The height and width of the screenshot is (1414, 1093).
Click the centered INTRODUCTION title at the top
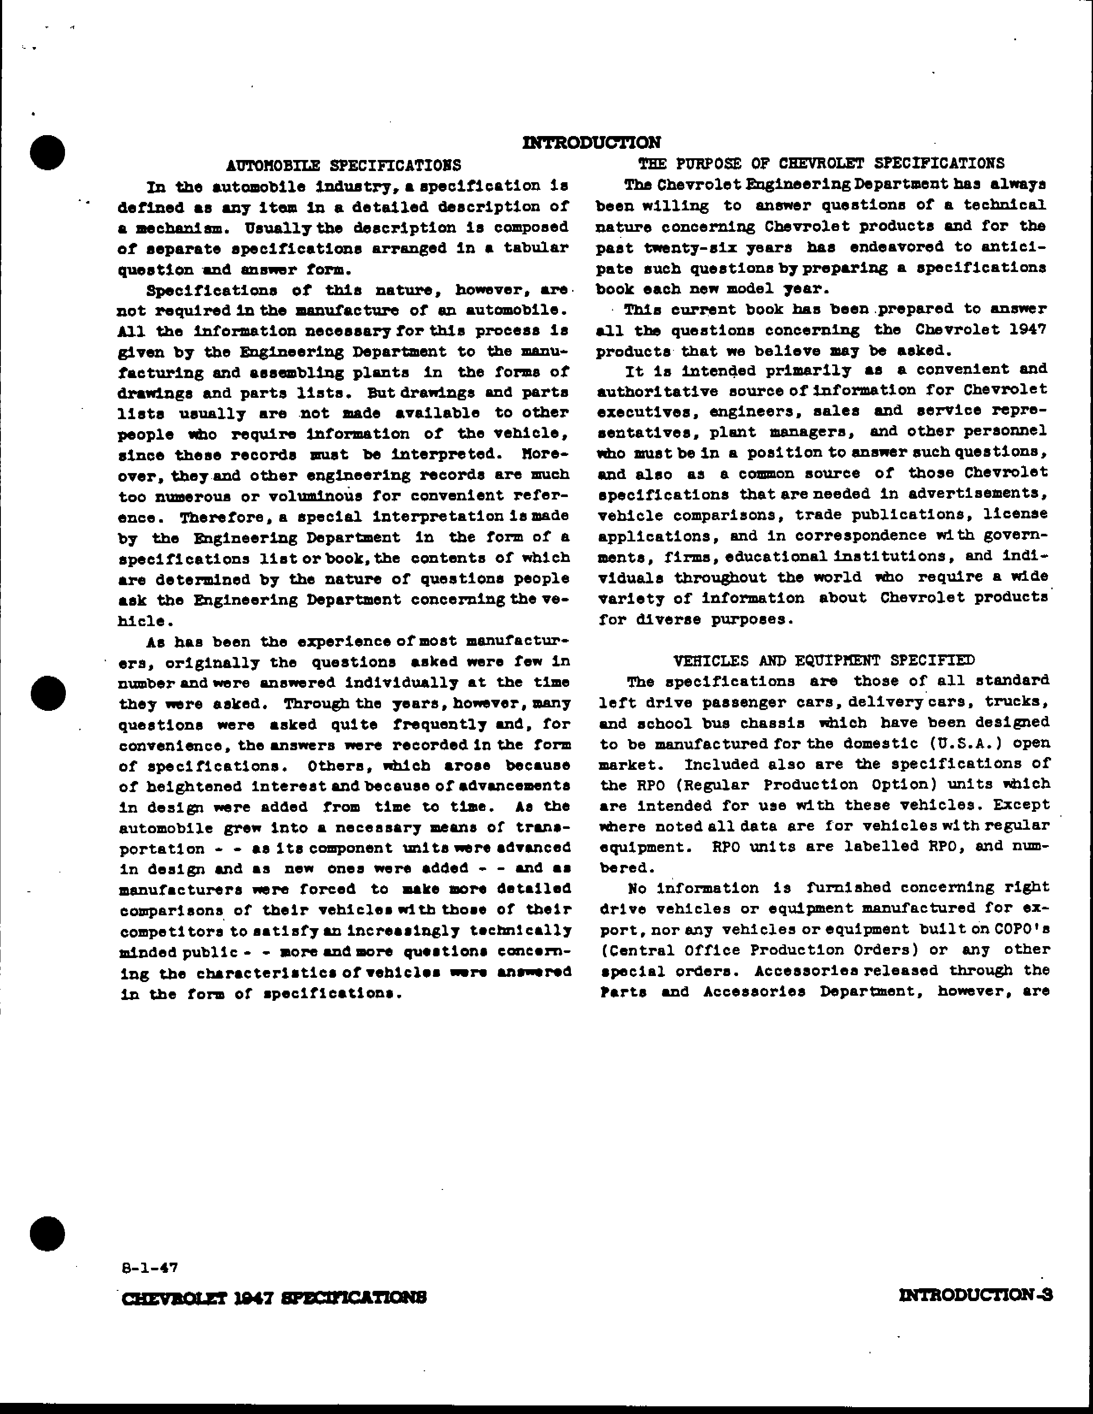tap(591, 142)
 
